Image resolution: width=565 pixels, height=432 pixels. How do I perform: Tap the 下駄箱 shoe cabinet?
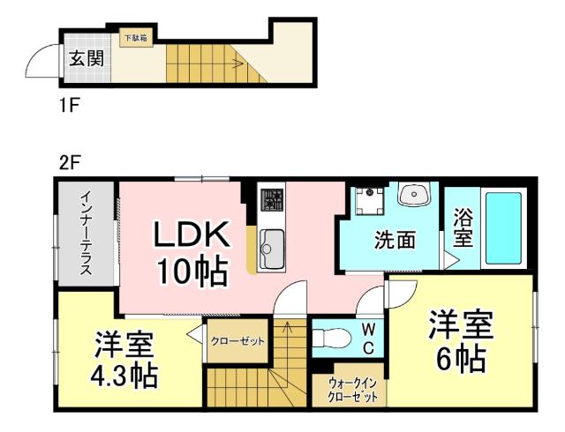[x=135, y=38]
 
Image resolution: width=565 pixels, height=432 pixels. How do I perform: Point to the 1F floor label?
[x=70, y=107]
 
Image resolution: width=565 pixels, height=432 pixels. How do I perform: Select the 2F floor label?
[x=70, y=162]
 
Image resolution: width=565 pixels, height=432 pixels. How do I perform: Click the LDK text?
[x=193, y=235]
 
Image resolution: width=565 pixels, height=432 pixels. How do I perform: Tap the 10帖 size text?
[x=192, y=271]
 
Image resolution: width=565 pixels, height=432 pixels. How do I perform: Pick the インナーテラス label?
[x=87, y=234]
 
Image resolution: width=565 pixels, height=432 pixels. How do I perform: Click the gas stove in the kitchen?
[x=270, y=202]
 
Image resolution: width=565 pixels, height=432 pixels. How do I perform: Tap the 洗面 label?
[x=395, y=240]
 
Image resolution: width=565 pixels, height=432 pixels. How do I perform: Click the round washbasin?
[x=411, y=195]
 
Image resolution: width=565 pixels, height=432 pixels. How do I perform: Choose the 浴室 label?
[x=462, y=227]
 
